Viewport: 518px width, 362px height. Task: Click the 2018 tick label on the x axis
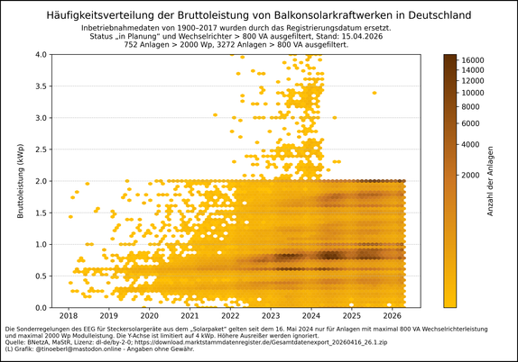(69, 316)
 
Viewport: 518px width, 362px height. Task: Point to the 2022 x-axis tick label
(230, 316)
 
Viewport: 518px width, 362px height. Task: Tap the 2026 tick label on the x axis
(392, 316)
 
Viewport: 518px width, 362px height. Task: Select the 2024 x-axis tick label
(311, 316)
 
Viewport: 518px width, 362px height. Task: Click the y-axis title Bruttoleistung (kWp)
(19, 180)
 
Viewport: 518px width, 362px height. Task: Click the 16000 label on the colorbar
(473, 60)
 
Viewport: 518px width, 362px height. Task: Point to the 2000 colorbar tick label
(469, 176)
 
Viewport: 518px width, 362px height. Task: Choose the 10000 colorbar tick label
(473, 93)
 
